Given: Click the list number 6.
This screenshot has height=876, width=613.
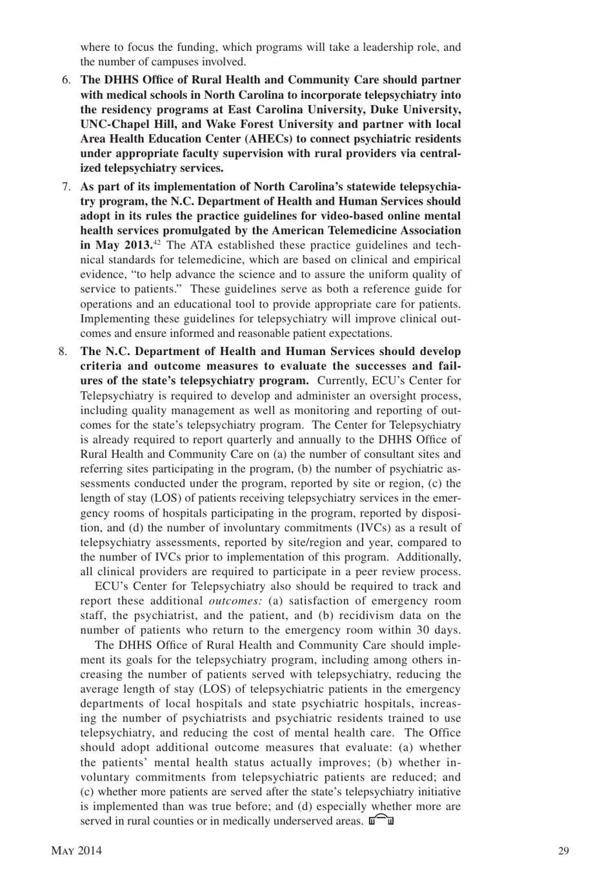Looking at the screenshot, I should tap(66, 80).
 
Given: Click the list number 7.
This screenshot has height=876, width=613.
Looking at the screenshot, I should tap(66, 187).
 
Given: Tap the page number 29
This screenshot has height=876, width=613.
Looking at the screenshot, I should tap(563, 851).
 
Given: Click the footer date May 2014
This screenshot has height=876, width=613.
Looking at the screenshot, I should tap(76, 851).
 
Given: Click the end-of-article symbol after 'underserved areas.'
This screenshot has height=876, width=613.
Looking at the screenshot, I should tap(381, 820).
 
